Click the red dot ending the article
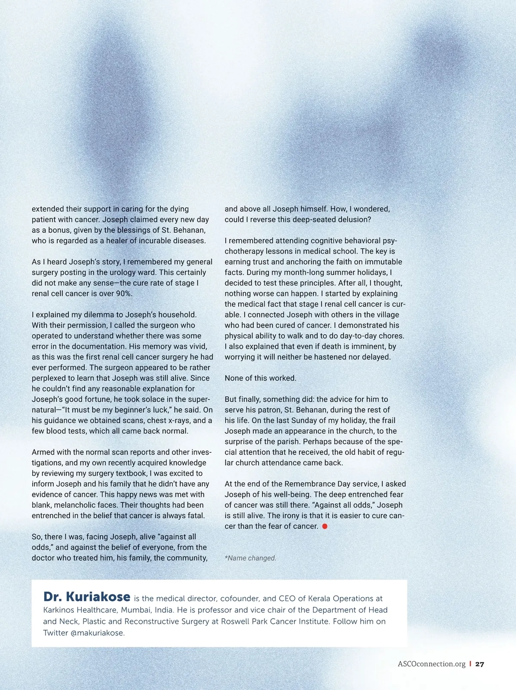tap(325, 526)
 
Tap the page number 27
tap(480, 664)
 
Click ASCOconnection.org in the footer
tap(431, 664)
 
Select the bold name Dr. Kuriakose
tap(86, 597)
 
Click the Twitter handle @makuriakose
tap(97, 633)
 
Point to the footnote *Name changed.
tap(250, 558)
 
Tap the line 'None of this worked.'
tap(260, 378)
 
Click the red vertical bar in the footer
tap(470, 664)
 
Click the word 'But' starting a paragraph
tap(231, 399)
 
